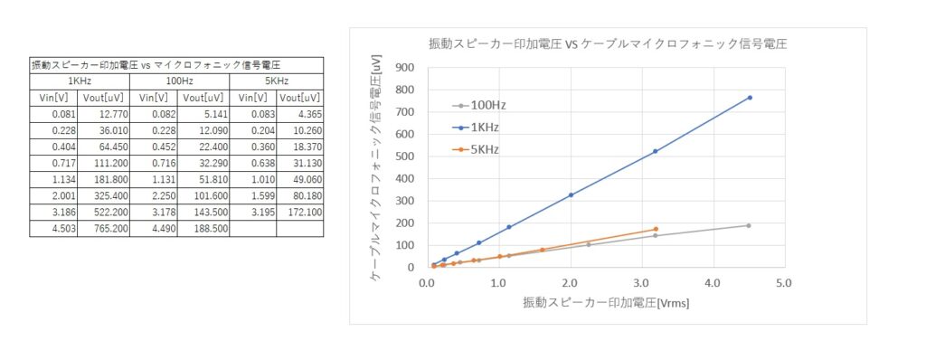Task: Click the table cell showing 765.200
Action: (x=105, y=229)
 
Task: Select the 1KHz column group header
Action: (x=79, y=81)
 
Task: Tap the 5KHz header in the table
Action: (x=276, y=81)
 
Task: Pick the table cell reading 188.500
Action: (x=203, y=229)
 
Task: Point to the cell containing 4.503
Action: (x=54, y=229)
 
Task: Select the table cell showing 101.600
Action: (x=203, y=196)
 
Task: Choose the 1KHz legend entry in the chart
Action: (x=487, y=127)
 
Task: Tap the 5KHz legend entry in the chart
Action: (x=487, y=148)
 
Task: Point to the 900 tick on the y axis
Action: (x=404, y=67)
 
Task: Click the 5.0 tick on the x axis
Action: (x=783, y=282)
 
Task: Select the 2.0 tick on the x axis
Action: (x=570, y=282)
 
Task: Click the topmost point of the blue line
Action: (x=750, y=98)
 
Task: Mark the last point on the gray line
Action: (x=749, y=225)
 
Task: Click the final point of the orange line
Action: (x=656, y=229)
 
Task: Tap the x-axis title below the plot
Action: (x=606, y=303)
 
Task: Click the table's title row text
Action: (x=156, y=65)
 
